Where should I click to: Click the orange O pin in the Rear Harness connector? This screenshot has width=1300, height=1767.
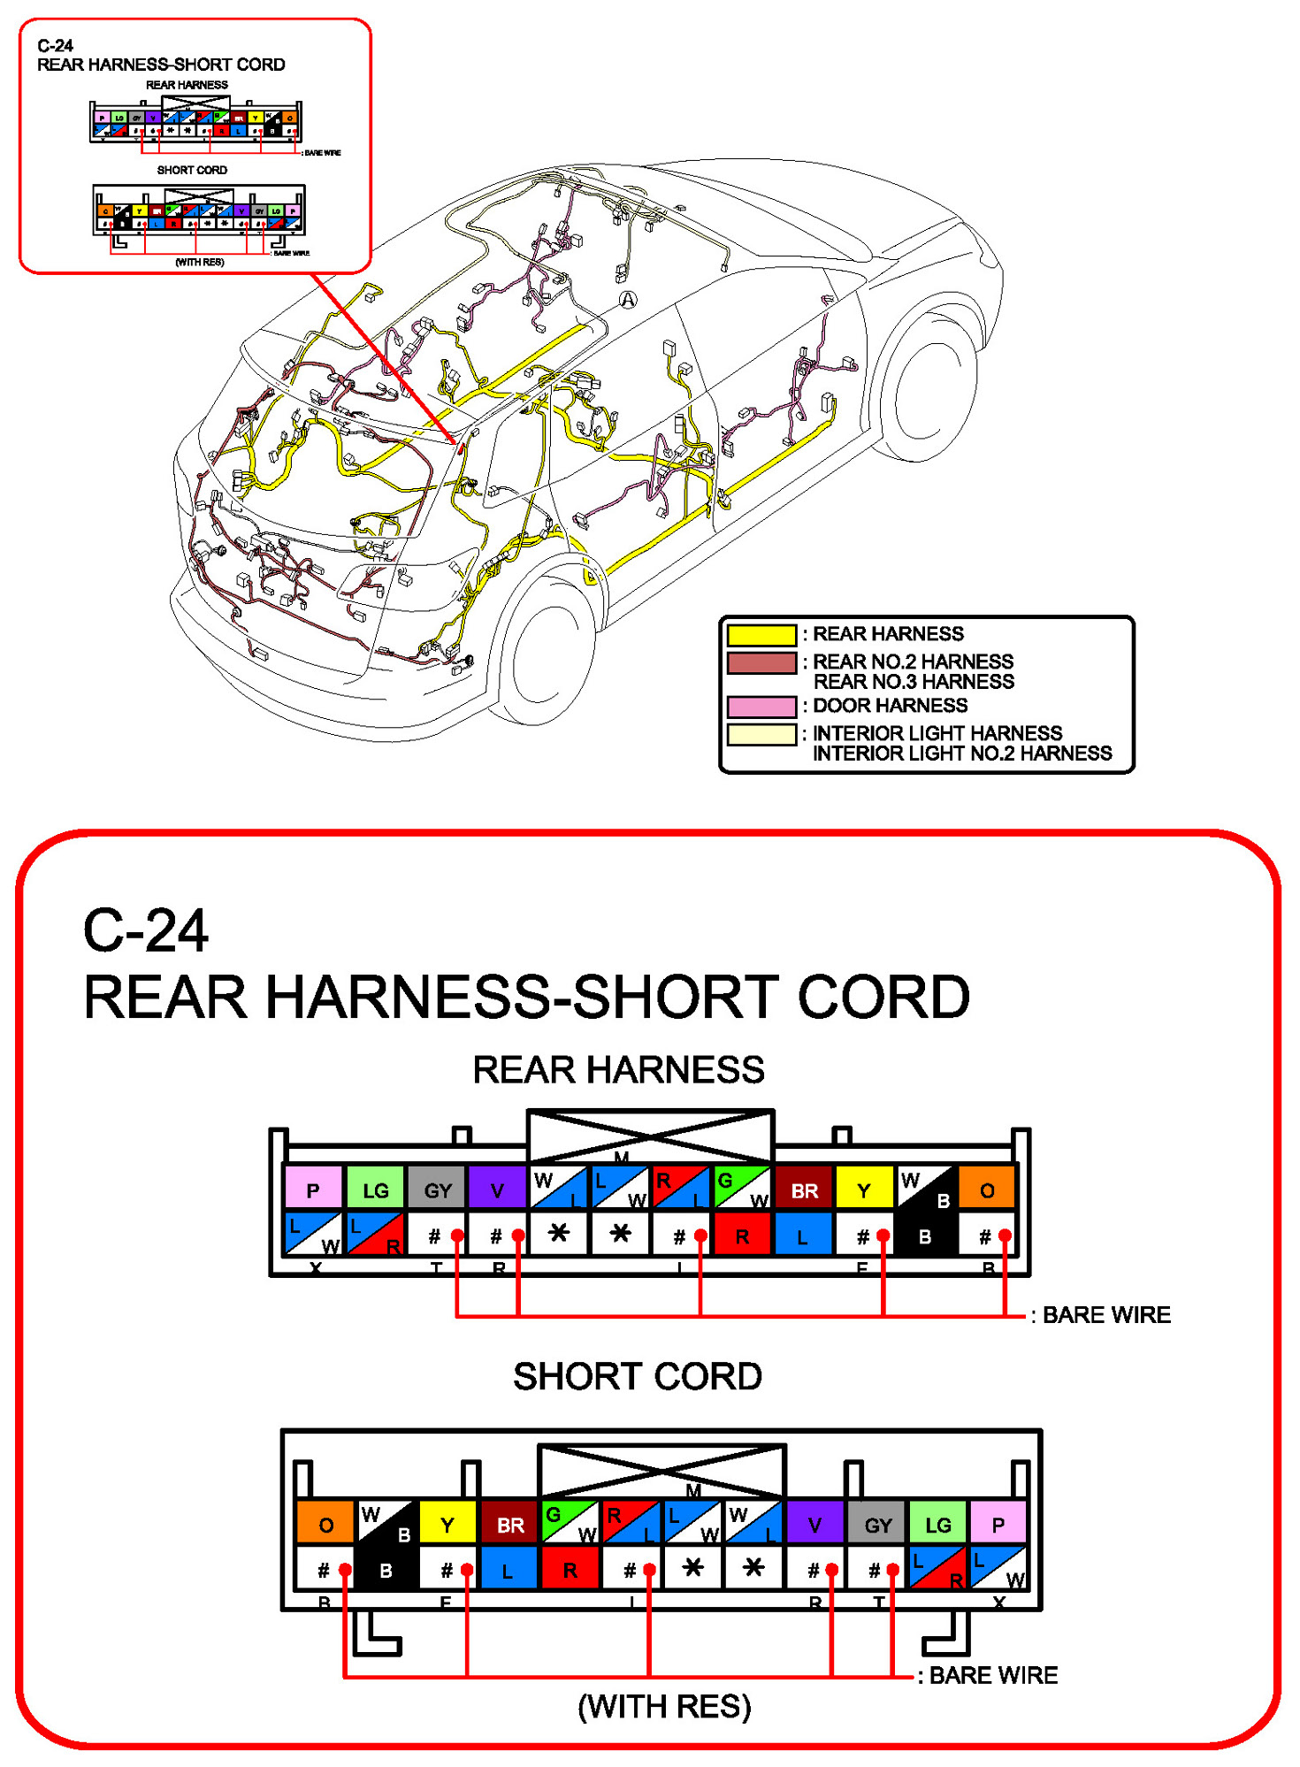click(986, 1189)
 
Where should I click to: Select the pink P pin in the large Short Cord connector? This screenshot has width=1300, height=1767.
click(998, 1524)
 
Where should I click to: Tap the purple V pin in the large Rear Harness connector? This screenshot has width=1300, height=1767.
click(497, 1189)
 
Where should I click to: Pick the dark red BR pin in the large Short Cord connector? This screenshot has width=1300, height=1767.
click(509, 1524)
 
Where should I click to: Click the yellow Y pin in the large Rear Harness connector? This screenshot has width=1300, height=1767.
click(864, 1189)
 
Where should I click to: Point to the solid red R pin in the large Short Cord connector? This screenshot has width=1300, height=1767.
click(570, 1570)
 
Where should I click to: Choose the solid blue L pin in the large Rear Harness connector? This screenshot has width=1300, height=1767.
click(802, 1235)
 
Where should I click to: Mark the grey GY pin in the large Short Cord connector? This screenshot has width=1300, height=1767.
click(877, 1524)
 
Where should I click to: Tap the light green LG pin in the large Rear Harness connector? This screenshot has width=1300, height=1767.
click(376, 1189)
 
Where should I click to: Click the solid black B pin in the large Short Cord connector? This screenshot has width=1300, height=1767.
click(386, 1570)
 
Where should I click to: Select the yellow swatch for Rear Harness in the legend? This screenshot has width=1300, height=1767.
click(761, 635)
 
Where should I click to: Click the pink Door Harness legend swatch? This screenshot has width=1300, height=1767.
click(761, 707)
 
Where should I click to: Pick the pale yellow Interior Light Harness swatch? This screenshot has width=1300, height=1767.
click(761, 735)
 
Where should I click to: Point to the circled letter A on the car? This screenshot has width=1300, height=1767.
click(628, 300)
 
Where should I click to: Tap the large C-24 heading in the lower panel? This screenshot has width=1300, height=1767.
click(146, 931)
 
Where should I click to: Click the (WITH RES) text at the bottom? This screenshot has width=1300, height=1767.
click(664, 1707)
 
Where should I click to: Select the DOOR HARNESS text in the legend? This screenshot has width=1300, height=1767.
click(890, 706)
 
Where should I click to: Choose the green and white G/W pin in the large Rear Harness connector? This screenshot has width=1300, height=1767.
click(742, 1188)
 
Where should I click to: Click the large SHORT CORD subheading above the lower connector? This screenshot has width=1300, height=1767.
click(638, 1377)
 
